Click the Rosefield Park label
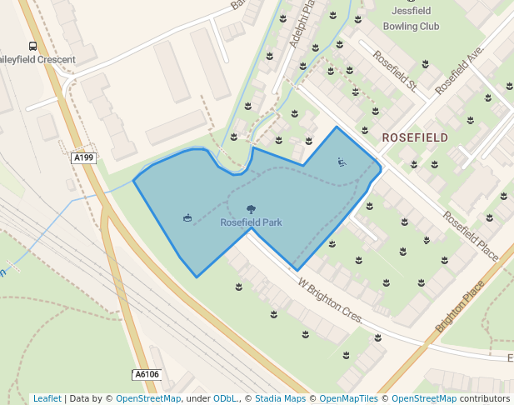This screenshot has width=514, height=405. pyautogui.click(x=251, y=222)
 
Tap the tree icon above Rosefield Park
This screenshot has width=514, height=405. pyautogui.click(x=251, y=209)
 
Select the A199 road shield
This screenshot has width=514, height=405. pyautogui.click(x=82, y=158)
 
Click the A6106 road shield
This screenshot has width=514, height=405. pyautogui.click(x=146, y=375)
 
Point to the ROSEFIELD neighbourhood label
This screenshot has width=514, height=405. pyautogui.click(x=415, y=137)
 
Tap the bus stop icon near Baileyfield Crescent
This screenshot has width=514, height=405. pyautogui.click(x=32, y=47)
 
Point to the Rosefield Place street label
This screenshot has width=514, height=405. pyautogui.click(x=471, y=235)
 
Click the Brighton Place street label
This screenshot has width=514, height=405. pyautogui.click(x=461, y=309)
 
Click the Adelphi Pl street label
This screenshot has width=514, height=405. pyautogui.click(x=301, y=25)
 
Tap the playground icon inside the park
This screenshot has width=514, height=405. pyautogui.click(x=342, y=162)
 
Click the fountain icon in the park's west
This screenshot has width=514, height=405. pyautogui.click(x=187, y=218)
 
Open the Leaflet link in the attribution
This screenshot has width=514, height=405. pyautogui.click(x=47, y=398)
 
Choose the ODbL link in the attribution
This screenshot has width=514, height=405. pyautogui.click(x=225, y=398)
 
